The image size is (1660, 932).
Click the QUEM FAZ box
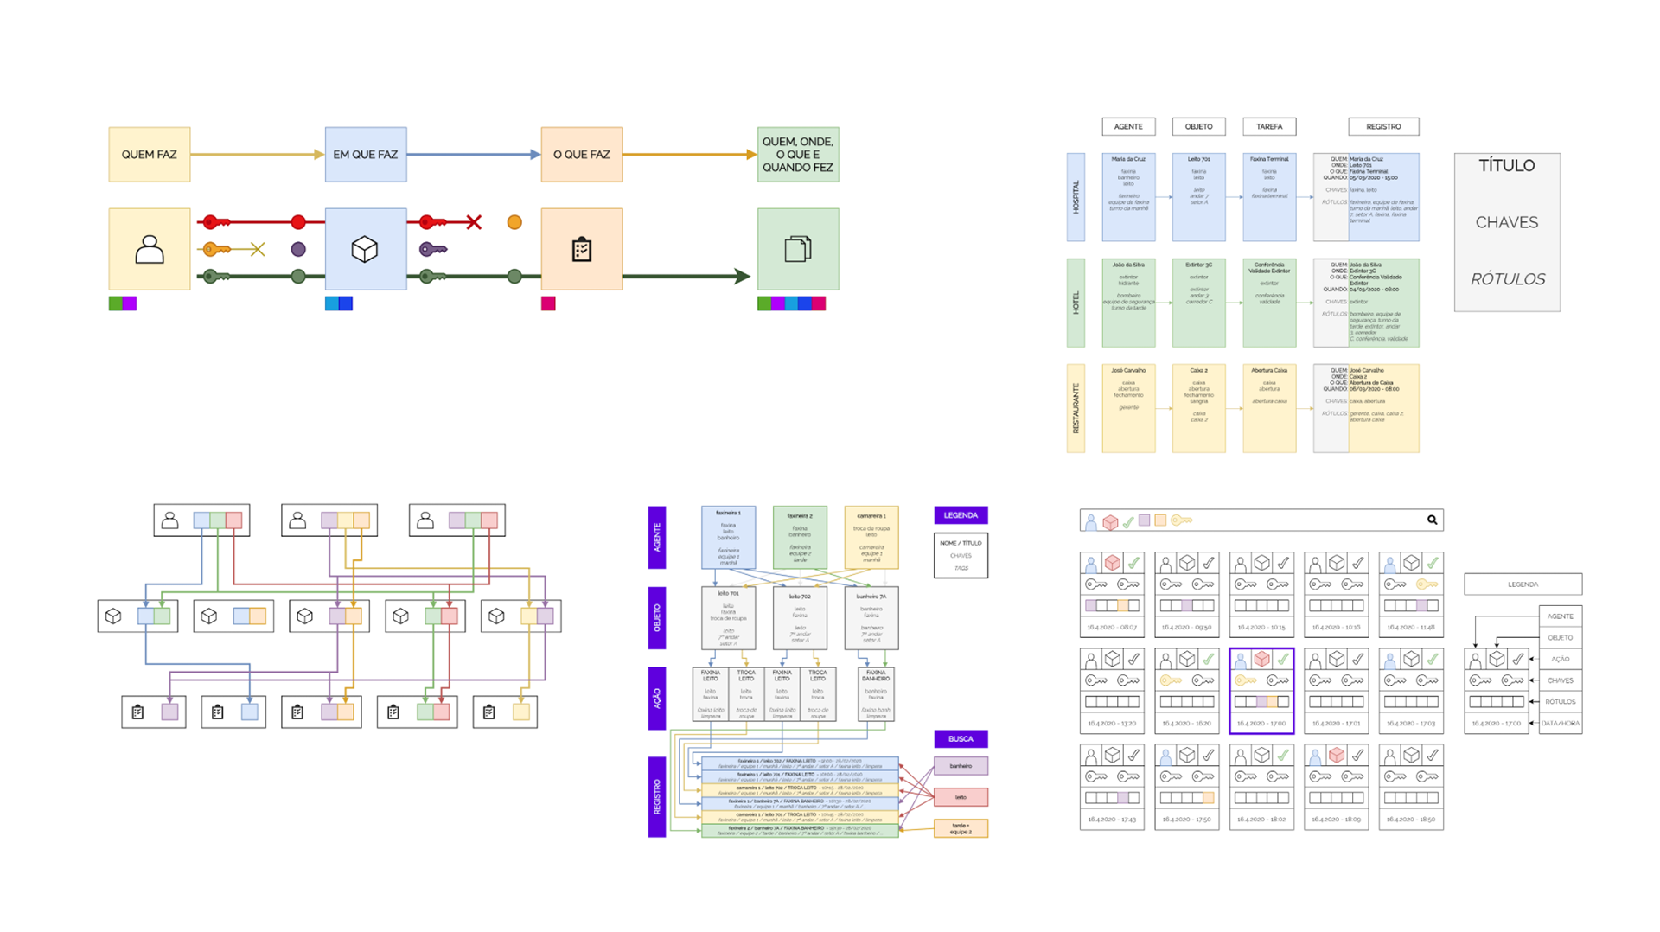pos(149,155)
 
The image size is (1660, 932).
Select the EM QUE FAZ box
pos(365,155)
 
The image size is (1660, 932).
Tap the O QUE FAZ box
pos(581,155)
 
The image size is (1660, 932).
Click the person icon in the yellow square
pos(149,250)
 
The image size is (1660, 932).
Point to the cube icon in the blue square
pos(365,250)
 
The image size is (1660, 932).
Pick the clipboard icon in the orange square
pos(581,250)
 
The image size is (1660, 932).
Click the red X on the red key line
pos(474,222)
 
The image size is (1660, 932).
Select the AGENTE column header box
pos(1128,127)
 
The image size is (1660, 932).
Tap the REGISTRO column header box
pos(1383,127)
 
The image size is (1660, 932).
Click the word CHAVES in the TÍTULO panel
pos(1506,222)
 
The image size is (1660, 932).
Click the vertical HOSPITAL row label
pos(1076,197)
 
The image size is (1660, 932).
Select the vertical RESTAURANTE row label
pos(1076,408)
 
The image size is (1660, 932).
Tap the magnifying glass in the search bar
pos(1432,520)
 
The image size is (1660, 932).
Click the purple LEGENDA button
pos(961,515)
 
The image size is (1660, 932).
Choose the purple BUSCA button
pos(961,739)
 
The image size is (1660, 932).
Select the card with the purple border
pos(1261,691)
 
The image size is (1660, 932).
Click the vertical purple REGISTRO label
pos(657,796)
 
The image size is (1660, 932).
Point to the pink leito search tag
pos(961,797)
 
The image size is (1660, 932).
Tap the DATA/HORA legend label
pos(1561,723)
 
